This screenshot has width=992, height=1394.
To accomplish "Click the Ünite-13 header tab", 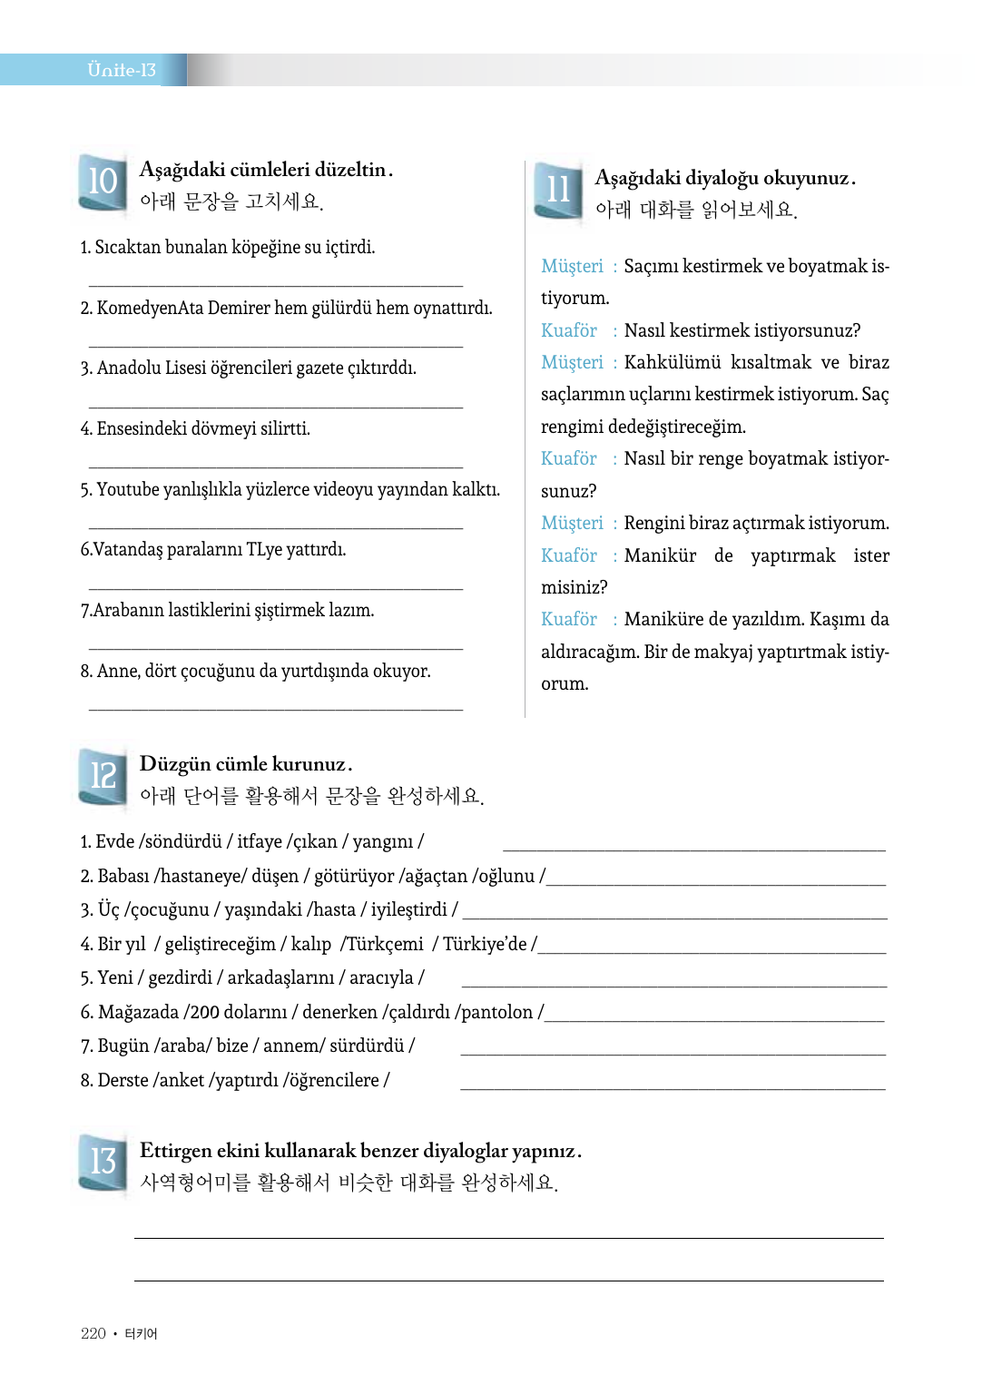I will [x=121, y=70].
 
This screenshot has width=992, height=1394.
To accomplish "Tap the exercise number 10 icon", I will [x=103, y=182].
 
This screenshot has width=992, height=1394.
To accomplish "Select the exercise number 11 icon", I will [x=558, y=190].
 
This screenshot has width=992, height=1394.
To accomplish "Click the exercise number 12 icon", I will [x=103, y=776].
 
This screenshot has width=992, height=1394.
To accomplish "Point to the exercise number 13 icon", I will [x=103, y=1162].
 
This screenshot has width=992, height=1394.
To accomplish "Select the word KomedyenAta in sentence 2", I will [x=150, y=309].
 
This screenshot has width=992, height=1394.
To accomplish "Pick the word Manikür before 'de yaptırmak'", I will [x=660, y=555].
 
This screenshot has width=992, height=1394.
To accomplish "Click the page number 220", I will [x=93, y=1333].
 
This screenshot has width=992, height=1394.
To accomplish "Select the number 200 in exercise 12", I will [x=205, y=1012].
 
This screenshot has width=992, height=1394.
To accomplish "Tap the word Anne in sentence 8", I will [x=116, y=672].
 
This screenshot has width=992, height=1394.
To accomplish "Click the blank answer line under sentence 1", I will [x=276, y=285].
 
